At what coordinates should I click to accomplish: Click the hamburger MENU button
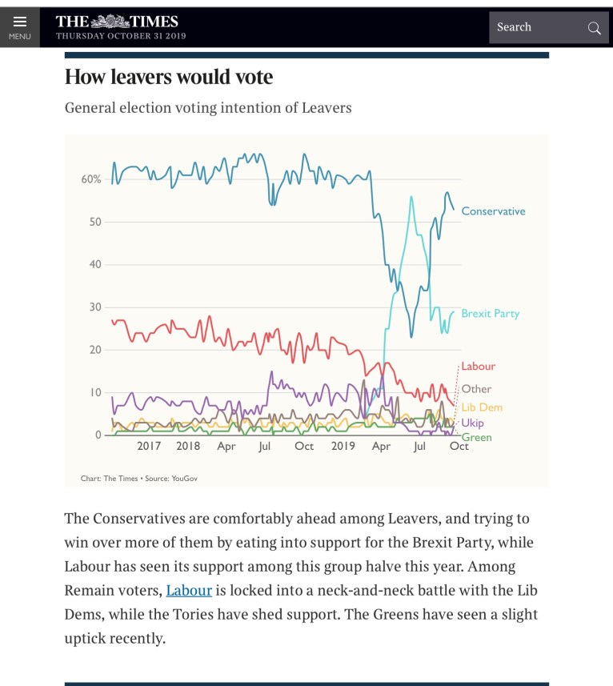tap(20, 27)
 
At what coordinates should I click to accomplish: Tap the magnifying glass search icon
tap(594, 28)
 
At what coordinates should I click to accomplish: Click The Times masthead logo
tap(117, 21)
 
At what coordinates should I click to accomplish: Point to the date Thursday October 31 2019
tap(121, 36)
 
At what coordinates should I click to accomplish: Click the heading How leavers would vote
tap(168, 77)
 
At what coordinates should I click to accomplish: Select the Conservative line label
tap(493, 211)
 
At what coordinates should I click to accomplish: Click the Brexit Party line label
tap(490, 314)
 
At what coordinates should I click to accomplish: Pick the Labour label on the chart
tap(479, 366)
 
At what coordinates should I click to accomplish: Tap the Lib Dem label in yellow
tap(482, 407)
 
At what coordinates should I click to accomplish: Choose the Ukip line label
tap(472, 423)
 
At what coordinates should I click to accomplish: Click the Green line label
tap(477, 437)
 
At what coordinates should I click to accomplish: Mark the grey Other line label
tap(476, 389)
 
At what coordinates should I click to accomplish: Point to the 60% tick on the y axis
tap(91, 179)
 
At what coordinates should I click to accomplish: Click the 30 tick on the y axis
tap(94, 307)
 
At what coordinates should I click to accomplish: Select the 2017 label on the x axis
tap(149, 447)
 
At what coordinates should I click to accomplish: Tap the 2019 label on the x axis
tap(343, 447)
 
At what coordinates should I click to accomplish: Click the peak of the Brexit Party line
tap(411, 197)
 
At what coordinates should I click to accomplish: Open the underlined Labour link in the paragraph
tap(189, 591)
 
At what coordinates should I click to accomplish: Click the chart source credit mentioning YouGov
tap(138, 478)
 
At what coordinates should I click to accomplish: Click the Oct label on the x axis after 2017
tap(304, 447)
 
